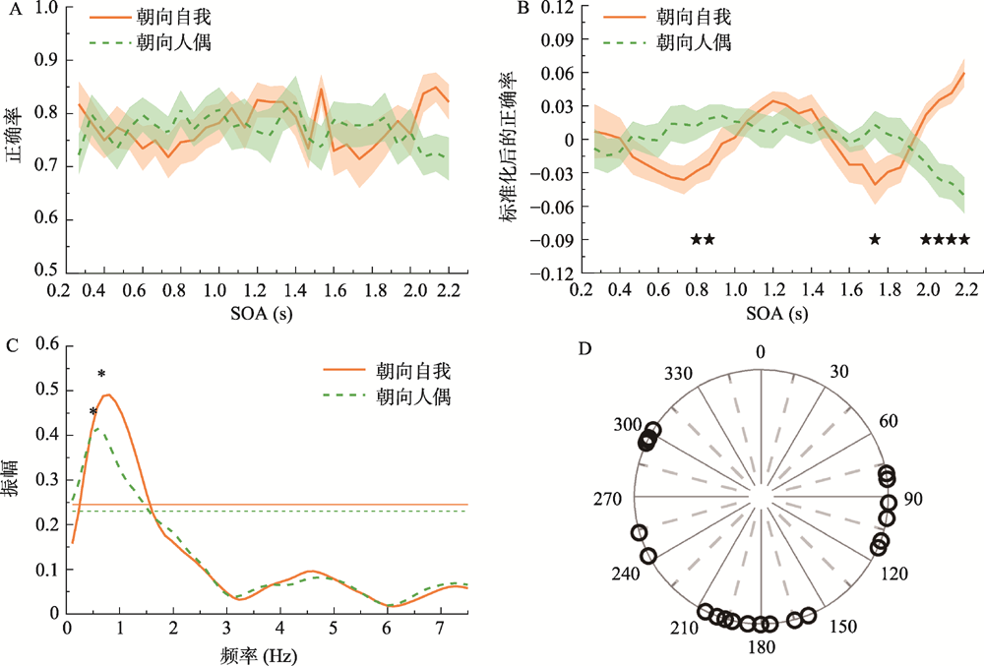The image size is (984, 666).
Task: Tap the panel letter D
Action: coord(583,347)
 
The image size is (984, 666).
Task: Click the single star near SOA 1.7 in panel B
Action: coord(873,239)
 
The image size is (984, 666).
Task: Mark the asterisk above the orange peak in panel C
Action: coord(101,374)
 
